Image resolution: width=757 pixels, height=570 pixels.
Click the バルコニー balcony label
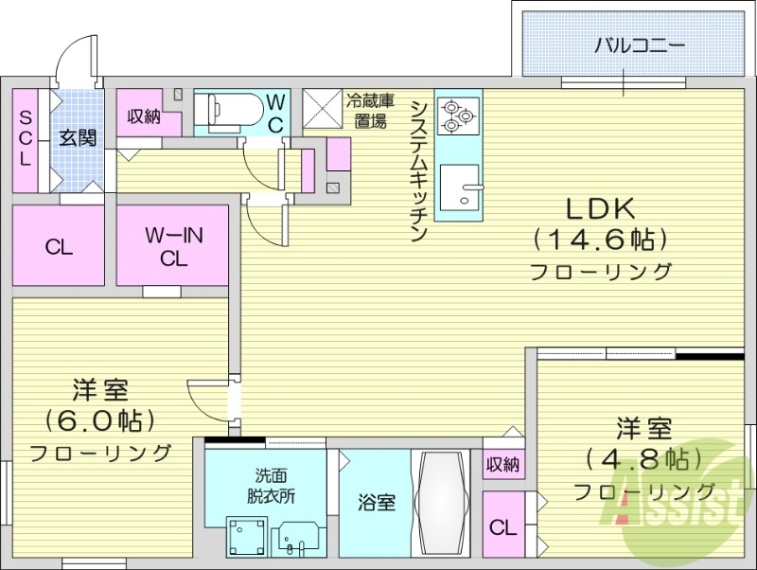[639, 45]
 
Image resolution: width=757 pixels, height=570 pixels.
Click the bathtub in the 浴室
[442, 503]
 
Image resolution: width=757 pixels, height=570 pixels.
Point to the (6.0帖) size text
[100, 419]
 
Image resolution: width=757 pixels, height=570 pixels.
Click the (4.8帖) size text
[644, 459]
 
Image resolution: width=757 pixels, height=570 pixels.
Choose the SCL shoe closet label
[25, 136]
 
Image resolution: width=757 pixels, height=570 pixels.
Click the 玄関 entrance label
[78, 137]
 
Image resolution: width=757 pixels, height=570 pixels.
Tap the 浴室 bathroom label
[376, 503]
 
